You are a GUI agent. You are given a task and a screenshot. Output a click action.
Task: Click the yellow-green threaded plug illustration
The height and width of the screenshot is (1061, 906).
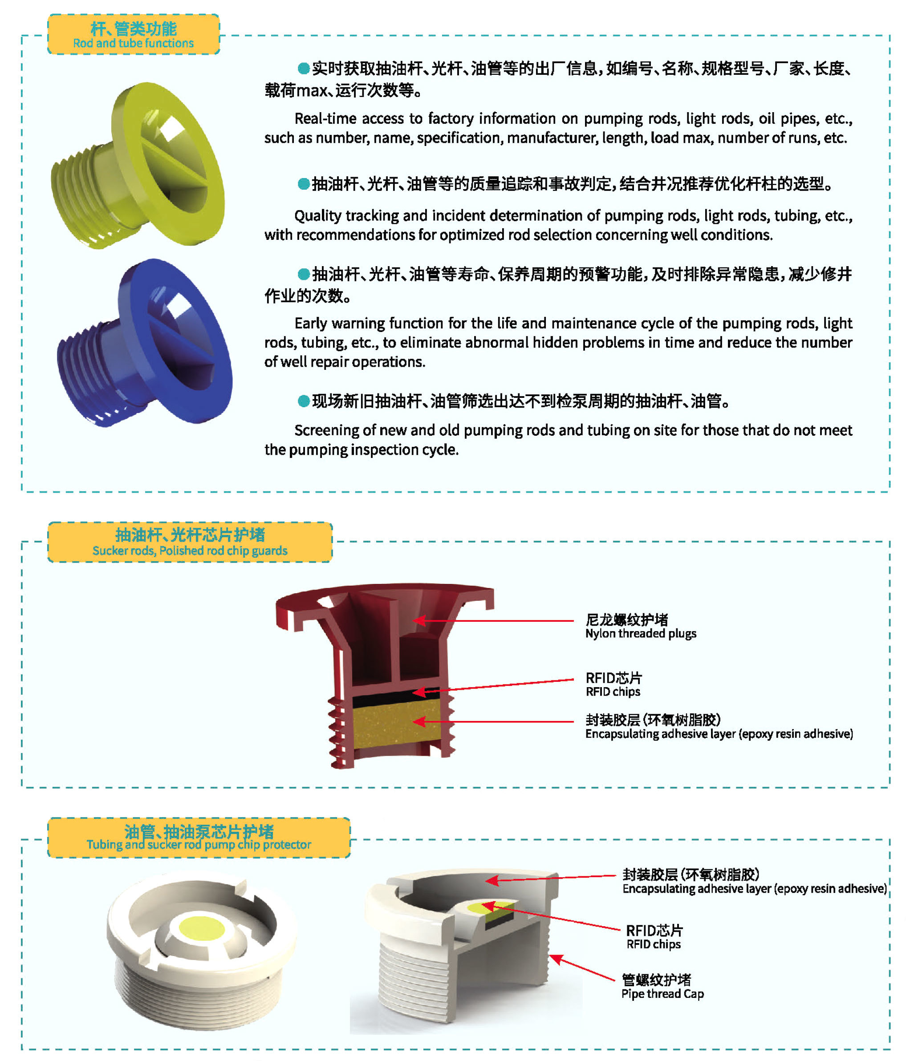[x=138, y=166]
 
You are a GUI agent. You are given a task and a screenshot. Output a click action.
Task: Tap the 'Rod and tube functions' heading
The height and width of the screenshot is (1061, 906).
[x=133, y=43]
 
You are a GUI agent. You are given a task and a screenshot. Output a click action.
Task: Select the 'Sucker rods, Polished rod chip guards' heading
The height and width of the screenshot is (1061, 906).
[x=190, y=551]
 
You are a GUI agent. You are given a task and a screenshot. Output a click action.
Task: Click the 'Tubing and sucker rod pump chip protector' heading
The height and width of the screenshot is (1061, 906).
[x=199, y=844]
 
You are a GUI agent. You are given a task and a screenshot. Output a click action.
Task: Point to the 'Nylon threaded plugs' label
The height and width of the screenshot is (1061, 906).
[x=641, y=633]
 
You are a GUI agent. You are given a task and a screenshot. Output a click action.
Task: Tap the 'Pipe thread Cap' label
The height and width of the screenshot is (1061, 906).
[x=662, y=994]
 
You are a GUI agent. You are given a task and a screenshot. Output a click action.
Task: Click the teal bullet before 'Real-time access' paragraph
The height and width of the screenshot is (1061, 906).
[x=304, y=68]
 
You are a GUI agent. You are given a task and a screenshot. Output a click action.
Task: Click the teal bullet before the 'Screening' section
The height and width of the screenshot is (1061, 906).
[x=304, y=401]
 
